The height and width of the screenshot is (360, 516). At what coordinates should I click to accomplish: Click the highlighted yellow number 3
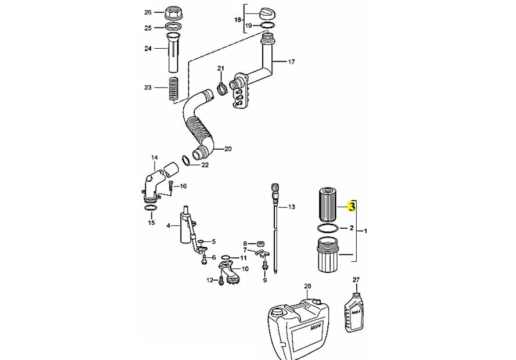pos(352,207)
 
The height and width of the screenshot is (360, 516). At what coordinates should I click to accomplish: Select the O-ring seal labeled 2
pos(328,228)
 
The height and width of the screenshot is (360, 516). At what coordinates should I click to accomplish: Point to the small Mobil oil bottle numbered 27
pos(356,312)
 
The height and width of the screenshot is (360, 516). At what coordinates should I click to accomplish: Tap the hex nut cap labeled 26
pos(173,13)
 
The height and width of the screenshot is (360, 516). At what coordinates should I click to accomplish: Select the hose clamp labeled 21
pos(222,88)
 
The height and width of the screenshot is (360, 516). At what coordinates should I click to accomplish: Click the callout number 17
pos(291,62)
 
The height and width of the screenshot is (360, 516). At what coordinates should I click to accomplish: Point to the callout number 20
pos(228,149)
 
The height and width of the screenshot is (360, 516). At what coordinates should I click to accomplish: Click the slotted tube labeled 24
pos(173,53)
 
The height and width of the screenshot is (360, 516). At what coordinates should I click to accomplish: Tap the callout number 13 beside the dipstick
pos(291,207)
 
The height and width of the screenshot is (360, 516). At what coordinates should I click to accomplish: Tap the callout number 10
pos(245,269)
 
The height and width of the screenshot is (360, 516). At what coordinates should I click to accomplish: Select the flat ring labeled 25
pos(173,27)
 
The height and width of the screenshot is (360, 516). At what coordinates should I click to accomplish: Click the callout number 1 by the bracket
pos(365,231)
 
